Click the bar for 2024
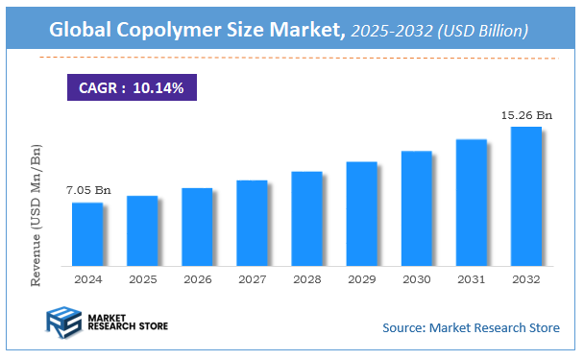pyautogui.click(x=87, y=234)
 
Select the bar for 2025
pyautogui.click(x=142, y=230)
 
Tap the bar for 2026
pyautogui.click(x=197, y=227)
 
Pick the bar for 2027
pyautogui.click(x=252, y=223)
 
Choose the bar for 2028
pyautogui.click(x=306, y=218)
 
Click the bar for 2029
pyautogui.click(x=361, y=213)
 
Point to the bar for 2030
pyautogui.click(x=416, y=208)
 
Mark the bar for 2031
pyautogui.click(x=471, y=203)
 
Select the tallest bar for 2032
pyautogui.click(x=525, y=196)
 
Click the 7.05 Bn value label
pyautogui.click(x=87, y=190)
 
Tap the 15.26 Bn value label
pyautogui.click(x=526, y=115)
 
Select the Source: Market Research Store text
pyautogui.click(x=471, y=328)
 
